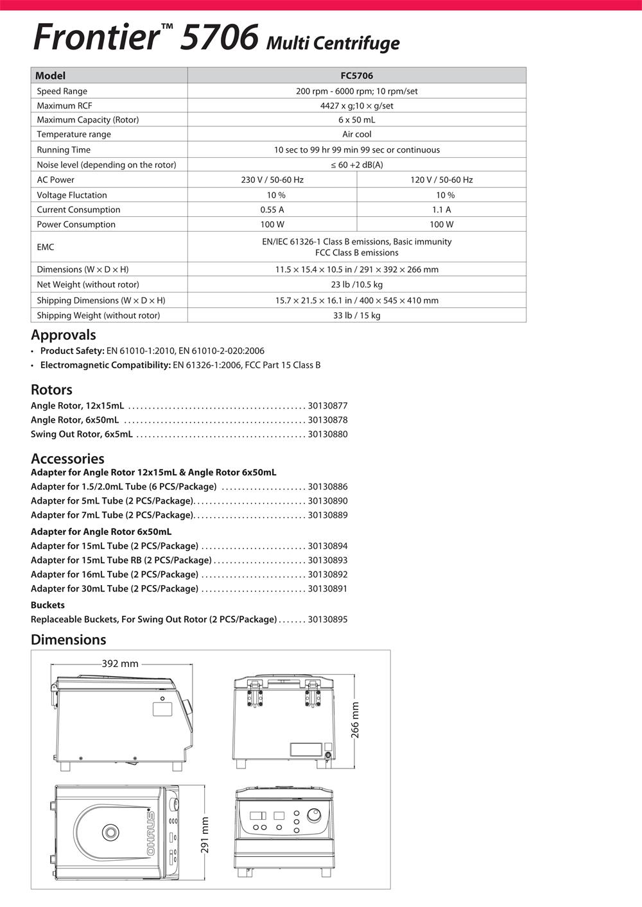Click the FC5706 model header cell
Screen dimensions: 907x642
click(356, 76)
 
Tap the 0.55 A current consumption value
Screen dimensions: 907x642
click(272, 210)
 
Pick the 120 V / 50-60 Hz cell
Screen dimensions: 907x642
click(441, 180)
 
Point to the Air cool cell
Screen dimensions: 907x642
click(356, 135)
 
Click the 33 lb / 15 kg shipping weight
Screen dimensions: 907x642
click(356, 316)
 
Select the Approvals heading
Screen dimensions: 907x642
click(64, 335)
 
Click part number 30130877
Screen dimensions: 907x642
click(327, 406)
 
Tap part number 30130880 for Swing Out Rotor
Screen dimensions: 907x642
click(327, 434)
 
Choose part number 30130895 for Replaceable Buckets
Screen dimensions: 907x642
click(327, 620)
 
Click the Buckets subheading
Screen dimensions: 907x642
click(48, 605)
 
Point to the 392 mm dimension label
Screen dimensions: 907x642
click(120, 664)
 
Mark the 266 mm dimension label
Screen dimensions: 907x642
click(355, 720)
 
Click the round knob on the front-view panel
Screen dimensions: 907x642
click(313, 815)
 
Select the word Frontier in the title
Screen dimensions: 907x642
click(95, 37)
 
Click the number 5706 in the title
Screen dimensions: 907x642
click(220, 37)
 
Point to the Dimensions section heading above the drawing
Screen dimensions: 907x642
click(69, 640)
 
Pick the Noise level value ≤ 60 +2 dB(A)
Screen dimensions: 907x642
click(356, 165)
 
